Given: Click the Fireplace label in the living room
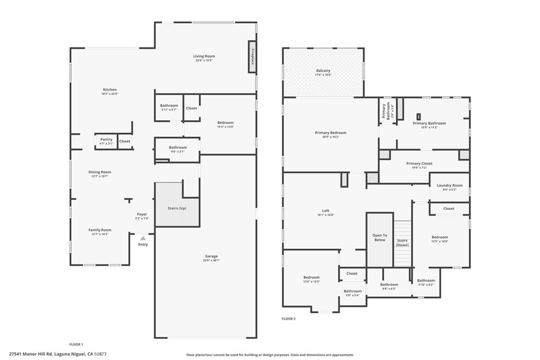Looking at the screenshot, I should click(x=253, y=56).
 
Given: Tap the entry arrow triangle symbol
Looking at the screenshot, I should click(x=142, y=238).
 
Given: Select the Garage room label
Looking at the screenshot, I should click(x=211, y=256).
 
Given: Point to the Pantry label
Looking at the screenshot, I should click(x=106, y=139).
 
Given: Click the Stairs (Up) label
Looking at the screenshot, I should click(x=177, y=208).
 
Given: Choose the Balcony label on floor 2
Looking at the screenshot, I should click(x=323, y=71).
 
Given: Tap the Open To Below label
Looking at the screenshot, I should click(x=380, y=237).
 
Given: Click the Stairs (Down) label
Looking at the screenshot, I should click(x=402, y=242).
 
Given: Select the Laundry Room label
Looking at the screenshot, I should click(x=450, y=185).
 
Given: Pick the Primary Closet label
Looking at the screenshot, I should click(x=419, y=163).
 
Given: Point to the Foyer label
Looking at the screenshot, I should click(x=142, y=214).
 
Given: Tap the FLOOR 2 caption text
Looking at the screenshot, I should click(x=288, y=318).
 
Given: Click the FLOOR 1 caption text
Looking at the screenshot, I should click(x=76, y=344).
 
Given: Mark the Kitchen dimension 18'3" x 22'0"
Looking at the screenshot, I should click(x=110, y=94).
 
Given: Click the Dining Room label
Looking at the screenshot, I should click(x=100, y=172).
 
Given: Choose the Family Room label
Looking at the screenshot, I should click(x=100, y=230).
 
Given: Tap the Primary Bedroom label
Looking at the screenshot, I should click(x=331, y=132).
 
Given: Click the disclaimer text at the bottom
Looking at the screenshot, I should click(x=270, y=355).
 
